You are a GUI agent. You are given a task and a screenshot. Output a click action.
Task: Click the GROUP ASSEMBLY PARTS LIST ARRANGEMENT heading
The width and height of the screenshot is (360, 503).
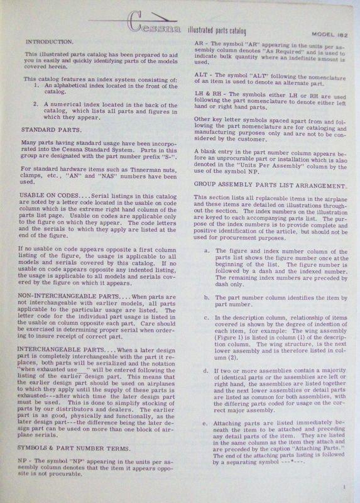click(x=261, y=169)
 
